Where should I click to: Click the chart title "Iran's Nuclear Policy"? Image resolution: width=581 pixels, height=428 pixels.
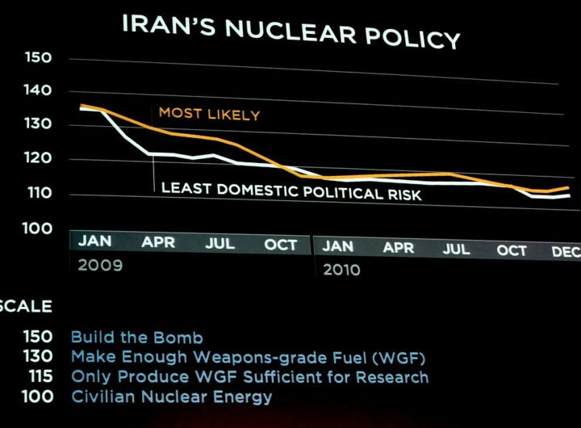(291, 31)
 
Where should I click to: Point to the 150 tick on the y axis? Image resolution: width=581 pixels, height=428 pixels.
(38, 57)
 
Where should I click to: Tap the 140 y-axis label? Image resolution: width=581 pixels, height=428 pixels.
(38, 90)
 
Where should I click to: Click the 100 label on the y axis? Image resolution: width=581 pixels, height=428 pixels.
(37, 229)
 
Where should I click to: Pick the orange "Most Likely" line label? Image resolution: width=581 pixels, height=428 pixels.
(209, 114)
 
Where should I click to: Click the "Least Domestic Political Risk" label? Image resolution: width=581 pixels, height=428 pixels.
(291, 191)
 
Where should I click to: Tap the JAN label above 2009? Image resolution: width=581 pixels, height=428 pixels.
(95, 241)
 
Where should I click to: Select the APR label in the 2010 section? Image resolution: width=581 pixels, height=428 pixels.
(399, 247)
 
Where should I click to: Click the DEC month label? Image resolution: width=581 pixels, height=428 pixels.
(566, 252)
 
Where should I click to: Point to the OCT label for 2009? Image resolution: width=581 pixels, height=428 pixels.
(281, 245)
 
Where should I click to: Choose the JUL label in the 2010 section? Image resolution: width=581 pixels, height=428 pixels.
(456, 249)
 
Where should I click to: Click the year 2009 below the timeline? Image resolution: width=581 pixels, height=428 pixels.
(100, 265)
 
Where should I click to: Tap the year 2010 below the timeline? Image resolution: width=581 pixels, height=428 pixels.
(341, 270)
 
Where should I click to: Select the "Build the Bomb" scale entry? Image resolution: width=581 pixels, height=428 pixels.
(137, 338)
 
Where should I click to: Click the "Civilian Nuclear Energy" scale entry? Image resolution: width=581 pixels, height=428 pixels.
(172, 397)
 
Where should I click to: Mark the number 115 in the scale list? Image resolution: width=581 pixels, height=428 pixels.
(41, 376)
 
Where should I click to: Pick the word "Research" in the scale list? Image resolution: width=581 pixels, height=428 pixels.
(392, 377)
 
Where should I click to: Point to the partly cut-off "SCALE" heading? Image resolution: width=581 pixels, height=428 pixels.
(26, 306)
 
